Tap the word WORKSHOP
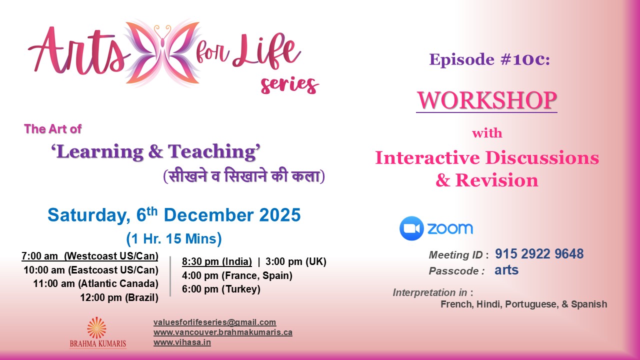click(486, 100)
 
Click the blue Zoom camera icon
click(411, 228)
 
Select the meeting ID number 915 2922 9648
click(539, 254)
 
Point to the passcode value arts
click(506, 270)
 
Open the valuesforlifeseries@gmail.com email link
click(214, 322)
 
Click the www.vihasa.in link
click(182, 342)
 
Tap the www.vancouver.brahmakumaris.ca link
click(222, 332)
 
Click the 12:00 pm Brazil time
click(119, 298)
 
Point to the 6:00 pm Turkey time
click(221, 289)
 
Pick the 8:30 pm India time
click(216, 262)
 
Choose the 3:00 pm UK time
click(295, 262)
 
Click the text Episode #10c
click(489, 59)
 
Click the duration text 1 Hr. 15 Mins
click(174, 238)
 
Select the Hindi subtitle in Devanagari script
click(244, 176)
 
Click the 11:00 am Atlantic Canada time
click(95, 284)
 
